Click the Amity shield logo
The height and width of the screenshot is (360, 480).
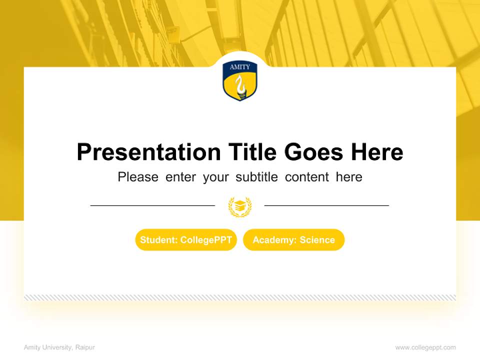click(240, 81)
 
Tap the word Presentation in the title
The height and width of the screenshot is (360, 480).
click(148, 152)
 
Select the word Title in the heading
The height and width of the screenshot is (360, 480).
click(252, 152)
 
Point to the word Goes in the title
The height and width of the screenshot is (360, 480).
click(314, 152)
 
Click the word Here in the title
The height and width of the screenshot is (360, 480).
click(377, 152)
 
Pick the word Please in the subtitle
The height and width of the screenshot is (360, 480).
click(138, 177)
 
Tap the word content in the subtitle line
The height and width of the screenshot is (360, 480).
click(307, 177)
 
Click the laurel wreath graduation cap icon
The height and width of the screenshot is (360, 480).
click(240, 206)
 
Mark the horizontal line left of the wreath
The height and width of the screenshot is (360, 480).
click(152, 205)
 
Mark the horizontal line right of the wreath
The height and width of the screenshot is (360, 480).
click(326, 205)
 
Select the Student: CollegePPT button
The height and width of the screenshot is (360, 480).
click(186, 240)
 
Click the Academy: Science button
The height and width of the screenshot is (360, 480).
click(294, 240)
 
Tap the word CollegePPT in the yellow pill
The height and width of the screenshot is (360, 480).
click(206, 240)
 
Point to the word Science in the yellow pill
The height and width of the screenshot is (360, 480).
click(317, 240)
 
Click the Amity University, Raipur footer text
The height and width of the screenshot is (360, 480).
click(59, 347)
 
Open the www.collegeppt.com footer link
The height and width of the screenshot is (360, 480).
click(425, 347)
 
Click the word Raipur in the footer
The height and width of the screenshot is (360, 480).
click(85, 347)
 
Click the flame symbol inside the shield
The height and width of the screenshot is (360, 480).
click(240, 86)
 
